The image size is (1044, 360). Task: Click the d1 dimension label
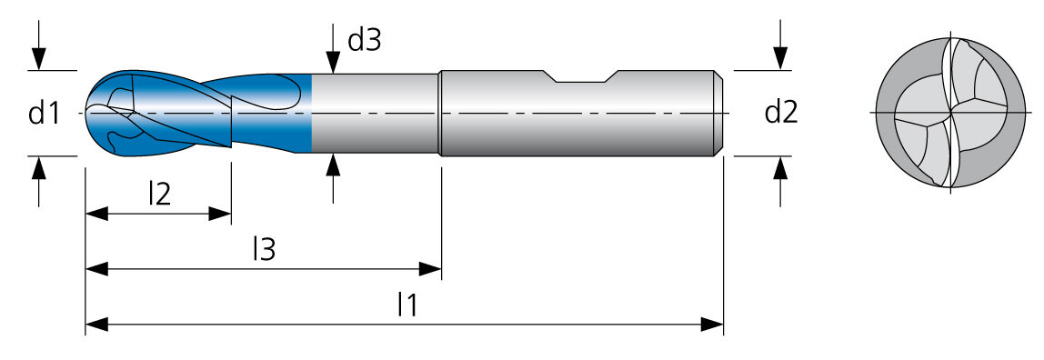45,113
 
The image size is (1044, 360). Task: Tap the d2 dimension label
781,113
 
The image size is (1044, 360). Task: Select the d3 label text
364,41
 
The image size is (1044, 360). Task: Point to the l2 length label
159,193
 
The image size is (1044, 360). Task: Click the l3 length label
265,249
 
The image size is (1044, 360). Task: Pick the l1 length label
407,305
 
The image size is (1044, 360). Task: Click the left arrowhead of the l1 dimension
96,325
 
